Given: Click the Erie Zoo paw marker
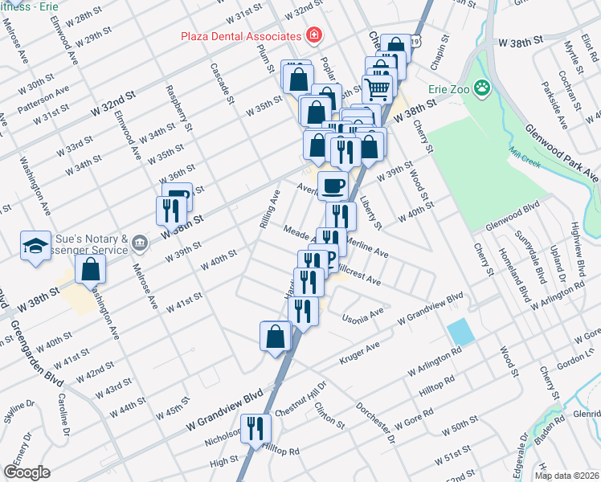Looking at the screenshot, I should [482, 87].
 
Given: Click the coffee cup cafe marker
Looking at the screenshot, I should [333, 185].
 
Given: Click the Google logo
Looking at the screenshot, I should [27, 472].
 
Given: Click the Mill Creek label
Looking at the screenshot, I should [522, 153].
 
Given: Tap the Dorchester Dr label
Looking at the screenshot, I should [375, 423].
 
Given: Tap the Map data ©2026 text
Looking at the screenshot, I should [566, 476].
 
